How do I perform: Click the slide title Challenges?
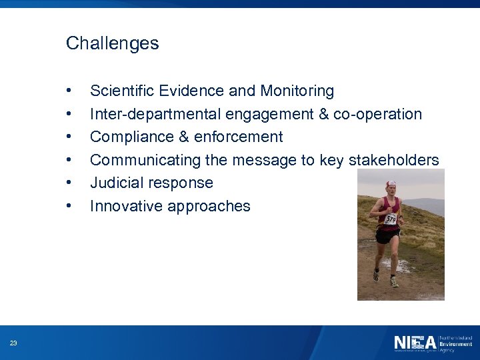(x=112, y=44)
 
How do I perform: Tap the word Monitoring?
(x=297, y=91)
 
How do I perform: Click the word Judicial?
(x=115, y=183)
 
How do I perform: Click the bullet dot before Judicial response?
(x=69, y=183)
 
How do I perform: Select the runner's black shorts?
(x=387, y=235)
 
